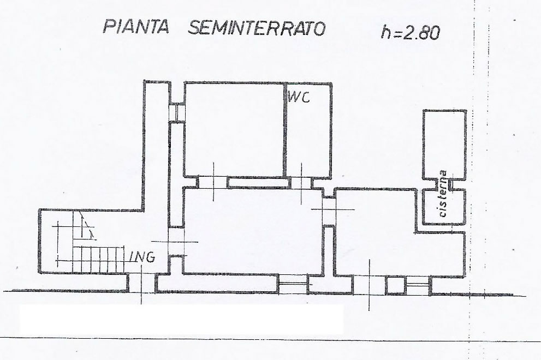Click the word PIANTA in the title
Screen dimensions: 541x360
(x=136, y=26)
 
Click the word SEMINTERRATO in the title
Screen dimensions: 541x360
(x=257, y=28)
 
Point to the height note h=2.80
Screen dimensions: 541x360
(x=411, y=32)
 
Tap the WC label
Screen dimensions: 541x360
(x=299, y=97)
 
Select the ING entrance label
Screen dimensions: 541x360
(x=142, y=257)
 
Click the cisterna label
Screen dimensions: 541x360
(x=443, y=194)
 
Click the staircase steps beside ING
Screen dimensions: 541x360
(x=99, y=259)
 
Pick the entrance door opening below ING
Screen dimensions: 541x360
(x=141, y=283)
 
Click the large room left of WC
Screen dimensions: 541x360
(x=234, y=130)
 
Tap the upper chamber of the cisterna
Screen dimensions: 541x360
(x=445, y=145)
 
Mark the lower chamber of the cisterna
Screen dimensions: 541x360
(x=444, y=206)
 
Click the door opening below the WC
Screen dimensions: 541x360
(x=301, y=182)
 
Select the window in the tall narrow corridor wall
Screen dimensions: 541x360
(x=177, y=112)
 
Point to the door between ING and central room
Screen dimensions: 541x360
(x=176, y=242)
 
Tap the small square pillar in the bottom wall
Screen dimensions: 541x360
(x=395, y=285)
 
